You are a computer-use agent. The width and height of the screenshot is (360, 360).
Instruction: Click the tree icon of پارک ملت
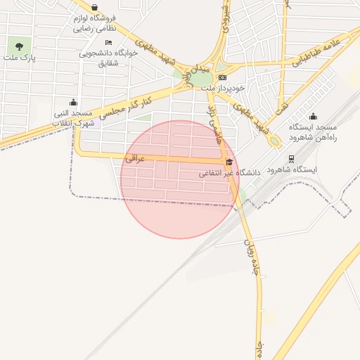click(19, 47)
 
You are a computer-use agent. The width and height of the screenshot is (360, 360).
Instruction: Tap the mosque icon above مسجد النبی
click(74, 102)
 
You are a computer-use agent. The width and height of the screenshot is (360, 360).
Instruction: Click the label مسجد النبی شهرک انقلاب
click(75, 117)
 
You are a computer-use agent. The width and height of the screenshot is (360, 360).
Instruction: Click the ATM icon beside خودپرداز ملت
click(223, 77)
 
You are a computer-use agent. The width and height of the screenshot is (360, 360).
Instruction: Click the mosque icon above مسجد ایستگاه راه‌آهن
click(313, 116)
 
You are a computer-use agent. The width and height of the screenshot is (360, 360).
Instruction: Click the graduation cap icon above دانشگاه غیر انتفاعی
click(229, 162)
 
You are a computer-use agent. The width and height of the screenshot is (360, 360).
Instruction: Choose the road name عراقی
click(135, 159)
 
